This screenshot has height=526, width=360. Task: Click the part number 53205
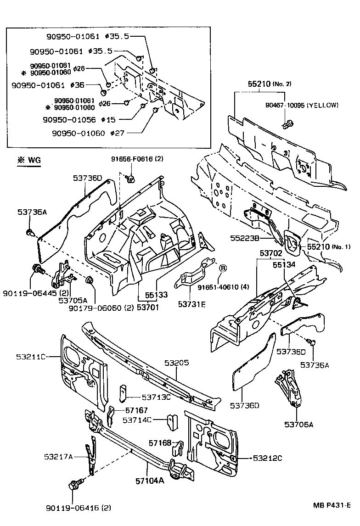(x=179, y=363)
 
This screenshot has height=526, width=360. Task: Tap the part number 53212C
(x=267, y=458)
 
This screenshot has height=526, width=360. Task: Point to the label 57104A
(x=149, y=481)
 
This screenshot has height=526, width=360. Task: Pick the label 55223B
(x=245, y=238)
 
